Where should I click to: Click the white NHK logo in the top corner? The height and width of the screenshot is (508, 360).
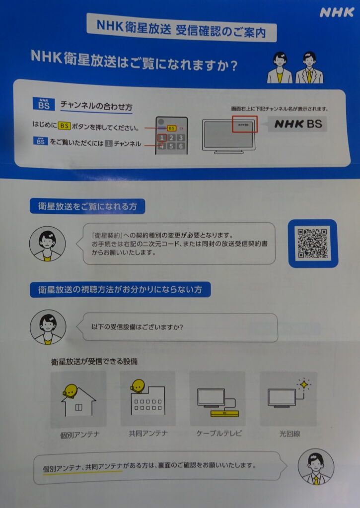point(337,12)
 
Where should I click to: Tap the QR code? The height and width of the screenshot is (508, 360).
point(313,243)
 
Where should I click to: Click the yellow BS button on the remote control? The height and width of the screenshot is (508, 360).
point(172,128)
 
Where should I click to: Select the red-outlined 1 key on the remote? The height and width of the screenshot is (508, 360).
point(162,138)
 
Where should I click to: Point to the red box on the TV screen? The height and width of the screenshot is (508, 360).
point(244,124)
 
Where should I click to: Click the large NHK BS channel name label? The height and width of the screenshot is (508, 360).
point(298,124)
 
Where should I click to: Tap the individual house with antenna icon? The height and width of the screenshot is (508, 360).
point(78,400)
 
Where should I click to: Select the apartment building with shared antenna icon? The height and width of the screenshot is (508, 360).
point(148,397)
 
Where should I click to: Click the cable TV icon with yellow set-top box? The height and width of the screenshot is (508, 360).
point(218,402)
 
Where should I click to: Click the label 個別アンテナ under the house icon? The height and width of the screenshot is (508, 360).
point(80,435)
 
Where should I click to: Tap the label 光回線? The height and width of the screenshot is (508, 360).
point(289,434)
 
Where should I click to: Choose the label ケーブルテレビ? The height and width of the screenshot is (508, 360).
point(219,434)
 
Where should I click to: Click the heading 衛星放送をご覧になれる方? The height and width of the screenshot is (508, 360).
point(87,206)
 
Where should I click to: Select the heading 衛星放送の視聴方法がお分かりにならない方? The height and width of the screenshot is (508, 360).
point(120,289)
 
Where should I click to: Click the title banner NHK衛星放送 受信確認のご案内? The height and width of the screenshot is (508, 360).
point(182,28)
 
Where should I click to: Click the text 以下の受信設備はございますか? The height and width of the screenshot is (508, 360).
point(137,327)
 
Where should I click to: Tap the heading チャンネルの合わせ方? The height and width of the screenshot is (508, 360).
point(96,106)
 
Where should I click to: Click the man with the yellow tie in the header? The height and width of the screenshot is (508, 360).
point(309,67)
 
